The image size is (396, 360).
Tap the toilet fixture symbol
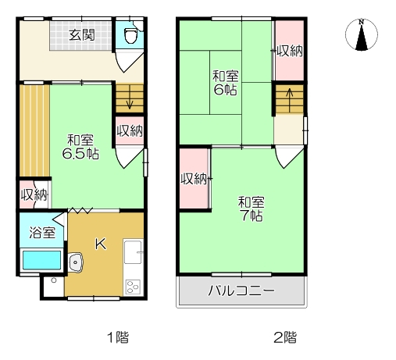(130, 35)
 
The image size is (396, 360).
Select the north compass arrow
(361, 36)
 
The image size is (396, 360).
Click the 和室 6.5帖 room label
(82, 147)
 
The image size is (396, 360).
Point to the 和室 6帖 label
(226, 83)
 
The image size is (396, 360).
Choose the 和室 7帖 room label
(251, 207)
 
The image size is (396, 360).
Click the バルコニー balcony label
(241, 293)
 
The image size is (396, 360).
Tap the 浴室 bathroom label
(42, 232)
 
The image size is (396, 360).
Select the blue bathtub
(41, 260)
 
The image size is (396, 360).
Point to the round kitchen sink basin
(77, 262)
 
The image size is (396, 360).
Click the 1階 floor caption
(117, 337)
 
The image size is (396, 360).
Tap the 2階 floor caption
(284, 337)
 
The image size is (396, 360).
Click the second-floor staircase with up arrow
(288, 100)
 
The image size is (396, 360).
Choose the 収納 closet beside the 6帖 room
(288, 52)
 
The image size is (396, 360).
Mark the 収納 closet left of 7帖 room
(193, 179)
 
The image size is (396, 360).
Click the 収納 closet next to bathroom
(34, 194)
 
